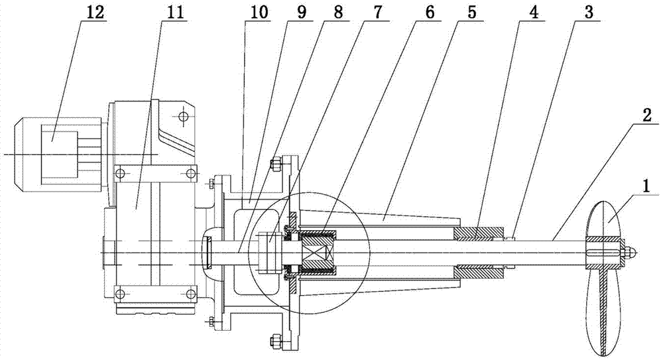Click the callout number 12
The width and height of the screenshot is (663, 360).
tap(95, 12)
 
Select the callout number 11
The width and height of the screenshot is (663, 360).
tap(175, 12)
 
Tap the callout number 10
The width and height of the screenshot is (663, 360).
tap(259, 12)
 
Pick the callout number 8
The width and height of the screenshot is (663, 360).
tap(338, 12)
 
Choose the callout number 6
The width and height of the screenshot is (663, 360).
tap(430, 12)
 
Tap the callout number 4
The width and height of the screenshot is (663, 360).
tap(534, 12)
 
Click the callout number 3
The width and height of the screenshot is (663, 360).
tap(589, 12)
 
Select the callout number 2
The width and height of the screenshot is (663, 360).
tap(647, 116)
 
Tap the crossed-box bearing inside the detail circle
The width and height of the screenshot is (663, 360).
tap(318, 253)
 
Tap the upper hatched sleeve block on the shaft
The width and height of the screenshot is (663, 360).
tap(478, 233)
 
